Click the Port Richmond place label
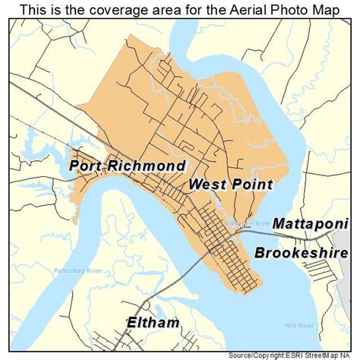click(127, 165)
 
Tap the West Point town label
click(230, 185)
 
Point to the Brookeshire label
click(302, 253)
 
